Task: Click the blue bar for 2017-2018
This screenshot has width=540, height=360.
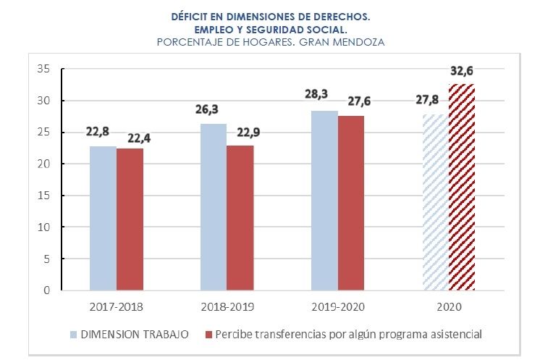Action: [103, 218]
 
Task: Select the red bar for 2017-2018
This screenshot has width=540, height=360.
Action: [130, 219]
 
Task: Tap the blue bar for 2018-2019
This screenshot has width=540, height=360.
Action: [213, 207]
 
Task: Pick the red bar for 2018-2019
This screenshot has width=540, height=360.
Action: [240, 218]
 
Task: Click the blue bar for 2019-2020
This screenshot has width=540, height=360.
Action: [324, 201]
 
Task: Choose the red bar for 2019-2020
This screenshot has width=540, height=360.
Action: [351, 203]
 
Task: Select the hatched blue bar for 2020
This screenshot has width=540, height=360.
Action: [434, 202]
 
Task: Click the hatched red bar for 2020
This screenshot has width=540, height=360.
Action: [462, 187]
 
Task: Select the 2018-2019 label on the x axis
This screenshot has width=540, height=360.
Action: [227, 306]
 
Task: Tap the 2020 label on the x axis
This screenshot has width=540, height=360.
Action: [448, 306]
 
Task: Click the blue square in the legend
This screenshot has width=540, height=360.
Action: [73, 335]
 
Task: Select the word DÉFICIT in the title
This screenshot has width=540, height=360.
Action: [190, 15]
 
